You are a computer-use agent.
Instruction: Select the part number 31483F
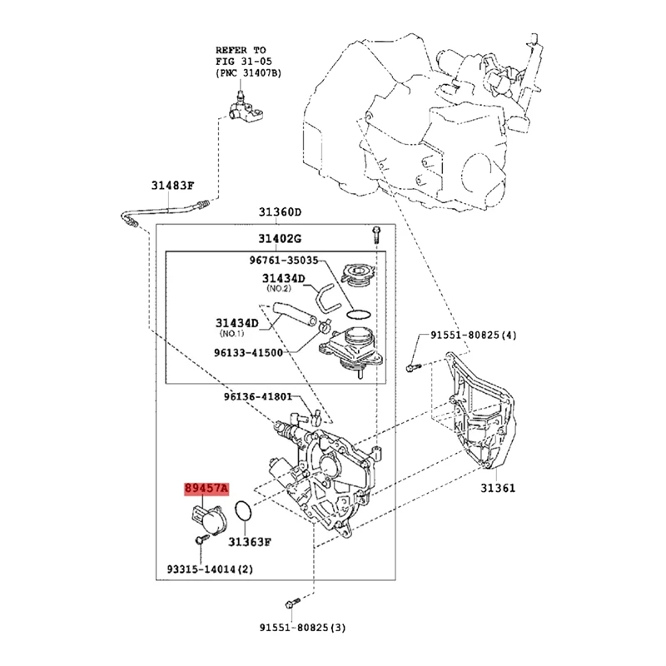pos(173,186)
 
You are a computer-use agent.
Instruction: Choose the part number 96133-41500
pos(248,351)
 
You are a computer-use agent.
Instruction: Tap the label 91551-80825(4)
pos(475,335)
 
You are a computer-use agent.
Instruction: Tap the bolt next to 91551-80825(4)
pos(412,364)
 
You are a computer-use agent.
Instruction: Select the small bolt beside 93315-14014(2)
pos(200,542)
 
